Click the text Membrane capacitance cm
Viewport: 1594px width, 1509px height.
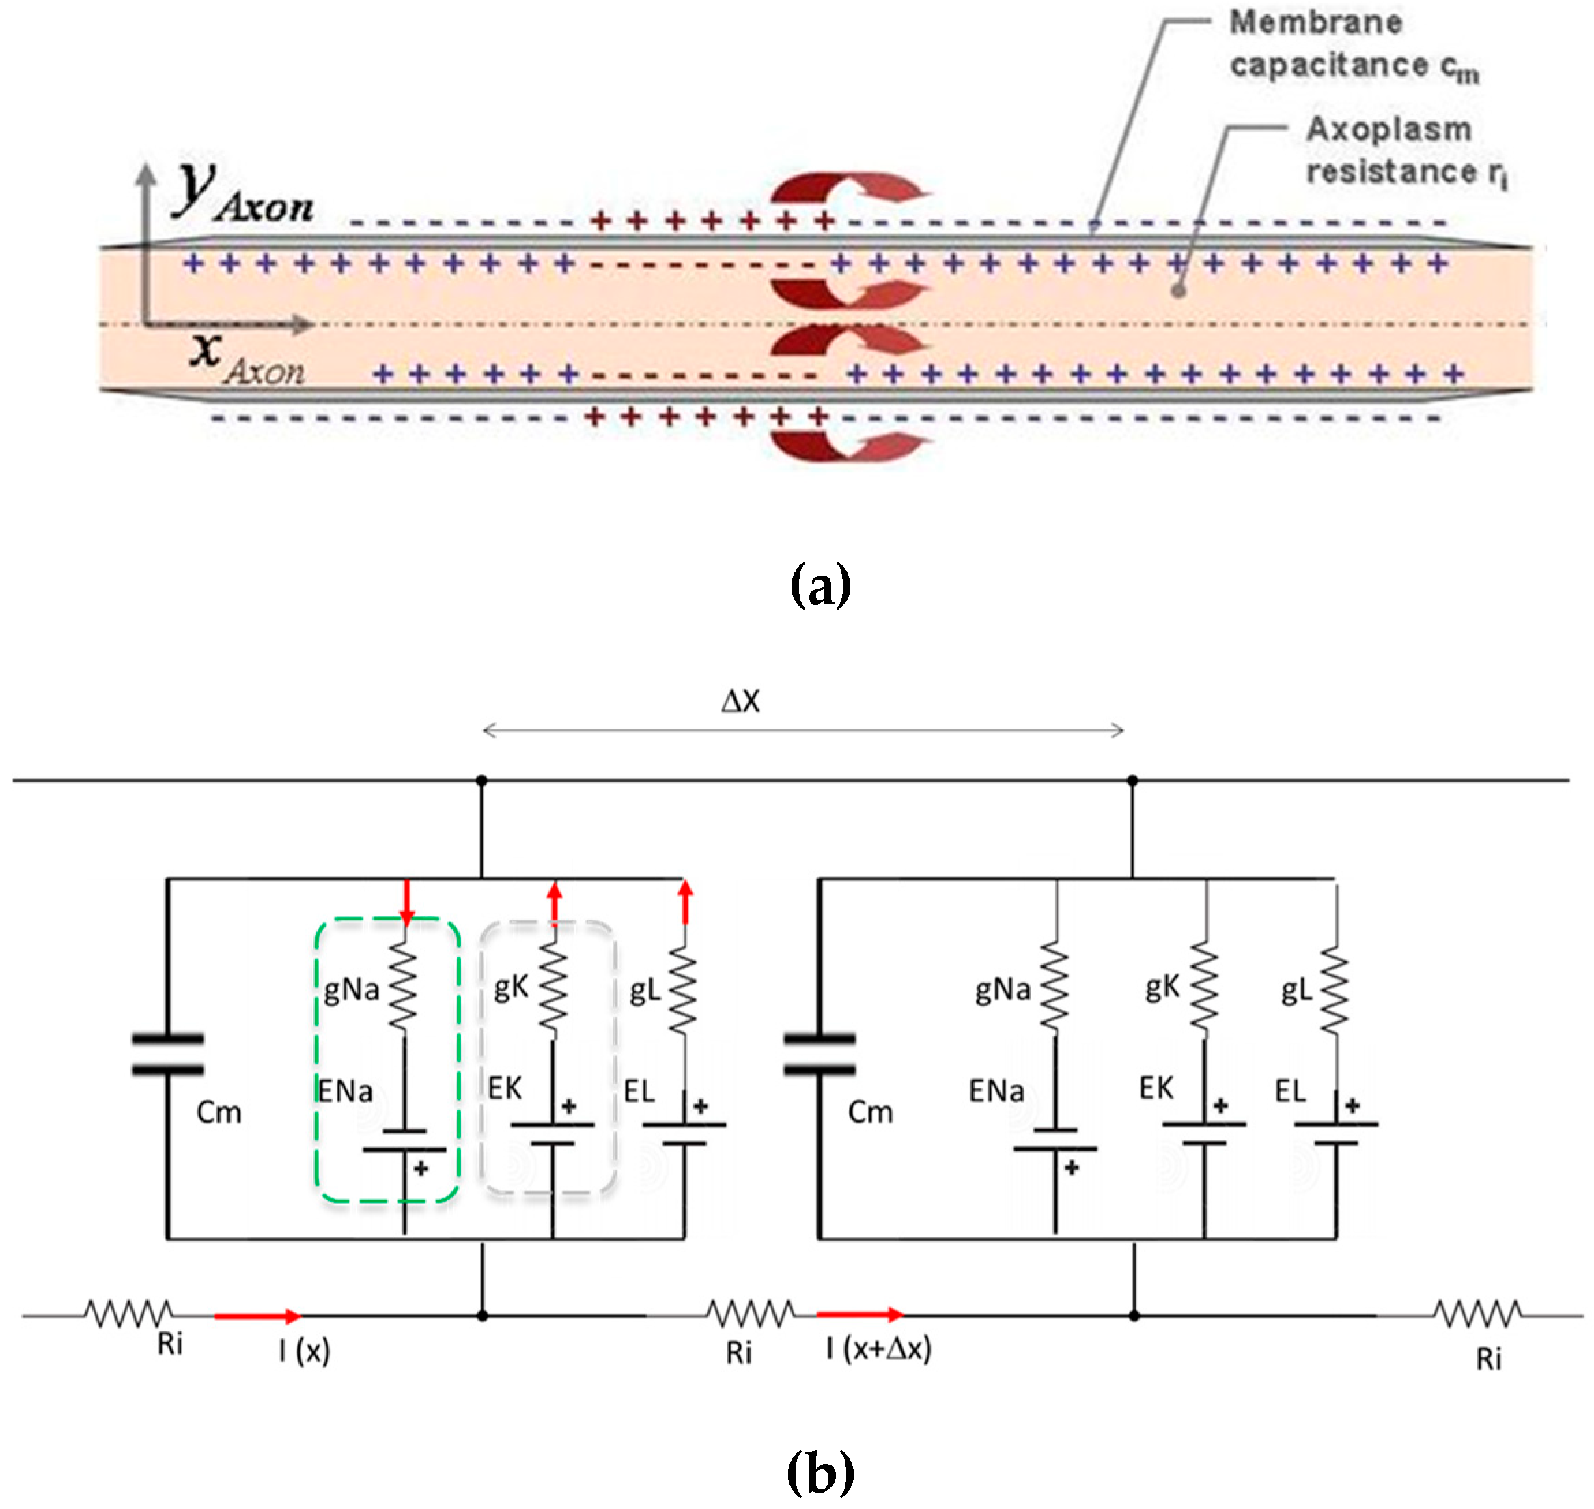[1352, 45]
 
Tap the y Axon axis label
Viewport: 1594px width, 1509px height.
[241, 193]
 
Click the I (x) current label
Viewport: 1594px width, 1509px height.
[304, 1351]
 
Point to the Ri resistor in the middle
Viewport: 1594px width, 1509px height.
[750, 1314]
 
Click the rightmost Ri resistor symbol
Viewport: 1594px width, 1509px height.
[1477, 1314]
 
